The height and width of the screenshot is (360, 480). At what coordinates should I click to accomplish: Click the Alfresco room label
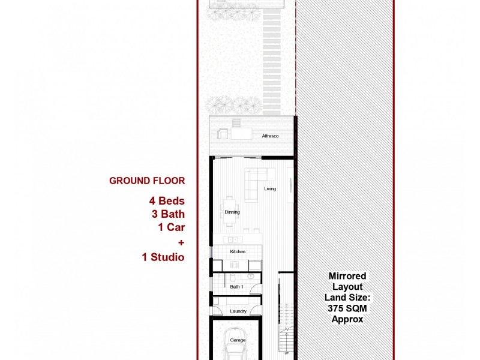[270, 136]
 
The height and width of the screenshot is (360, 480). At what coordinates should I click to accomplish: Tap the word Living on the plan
[270, 189]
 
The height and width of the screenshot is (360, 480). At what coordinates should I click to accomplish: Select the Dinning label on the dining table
[232, 212]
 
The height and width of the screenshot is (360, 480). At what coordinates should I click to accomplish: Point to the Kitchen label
[238, 251]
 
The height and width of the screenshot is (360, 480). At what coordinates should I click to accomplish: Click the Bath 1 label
[236, 287]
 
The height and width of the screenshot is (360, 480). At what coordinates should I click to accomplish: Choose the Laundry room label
[238, 311]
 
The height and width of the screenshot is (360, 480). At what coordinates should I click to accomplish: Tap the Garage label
[238, 340]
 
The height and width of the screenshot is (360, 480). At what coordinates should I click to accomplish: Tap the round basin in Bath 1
[250, 277]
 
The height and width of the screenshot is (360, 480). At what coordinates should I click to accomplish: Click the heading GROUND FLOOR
[147, 181]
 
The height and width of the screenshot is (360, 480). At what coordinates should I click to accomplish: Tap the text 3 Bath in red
[167, 214]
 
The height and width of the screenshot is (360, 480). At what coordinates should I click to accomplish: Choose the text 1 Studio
[163, 257]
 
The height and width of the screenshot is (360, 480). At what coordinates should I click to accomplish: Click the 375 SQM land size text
[347, 308]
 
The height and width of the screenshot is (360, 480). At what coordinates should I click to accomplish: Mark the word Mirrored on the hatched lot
[347, 277]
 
